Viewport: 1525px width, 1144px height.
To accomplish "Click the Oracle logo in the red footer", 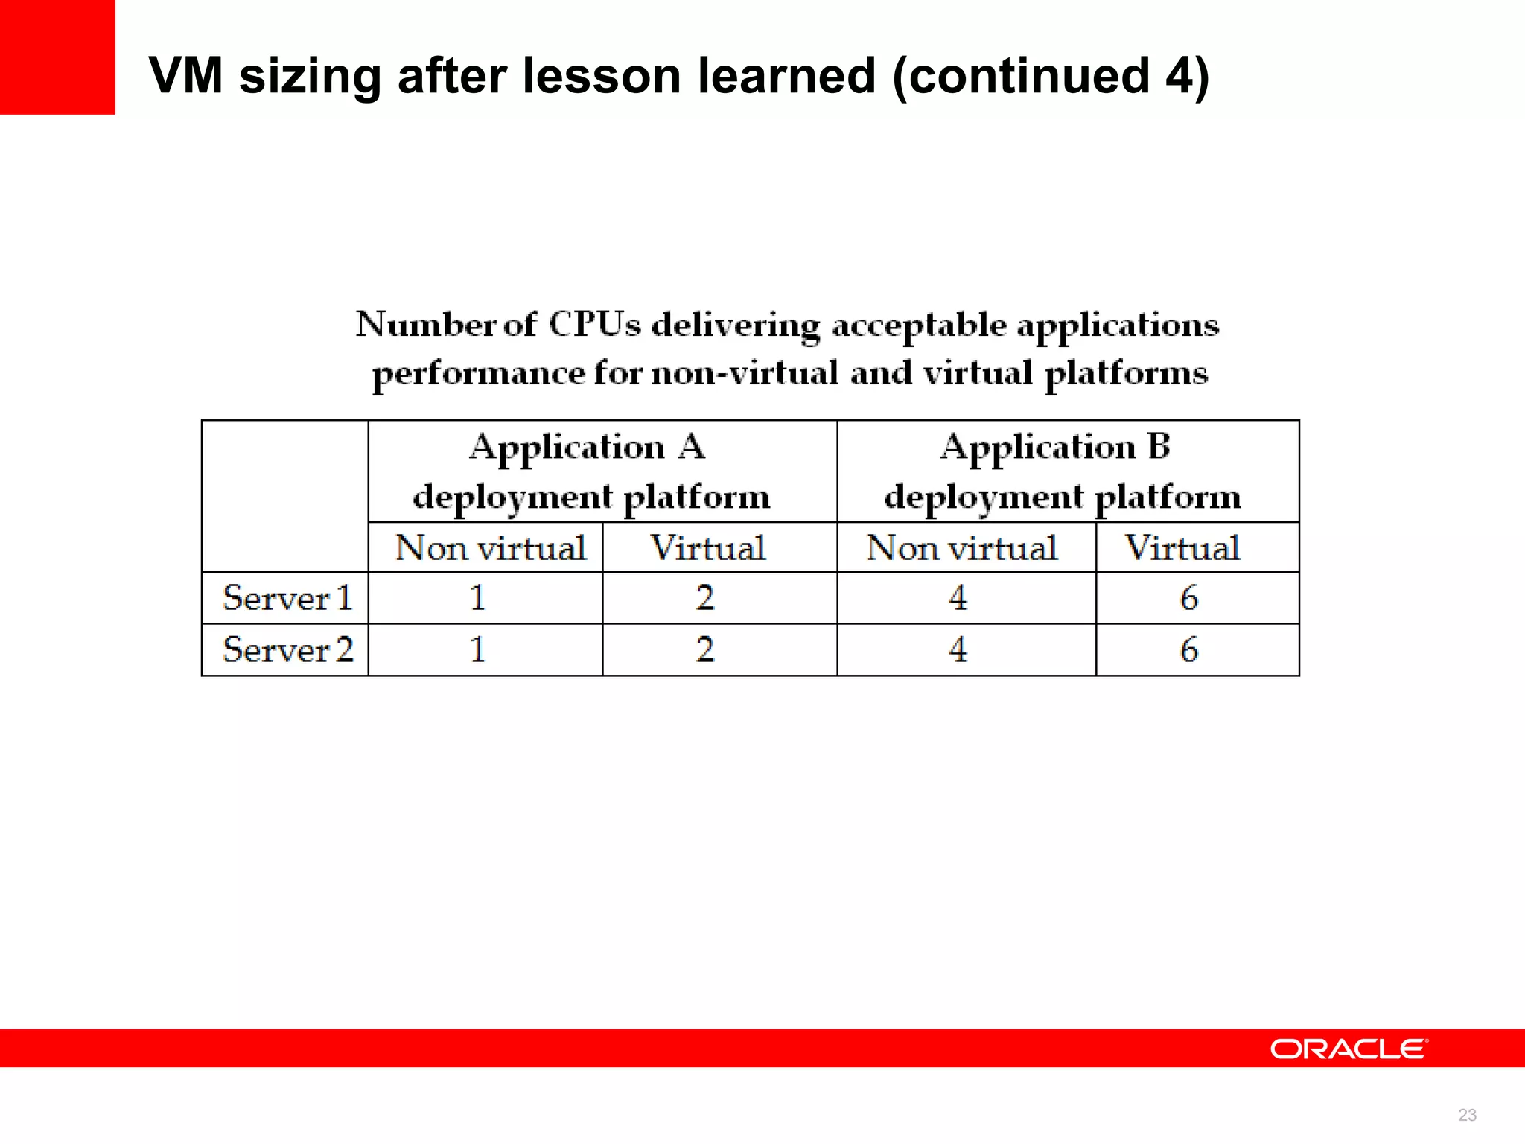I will pos(1349,1049).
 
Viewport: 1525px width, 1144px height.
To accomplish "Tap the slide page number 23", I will pos(1467,1115).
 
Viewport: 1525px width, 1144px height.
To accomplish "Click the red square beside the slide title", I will pos(57,57).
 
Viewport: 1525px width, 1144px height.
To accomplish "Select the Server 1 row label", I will pos(287,598).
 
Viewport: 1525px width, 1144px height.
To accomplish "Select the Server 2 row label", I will pos(287,649).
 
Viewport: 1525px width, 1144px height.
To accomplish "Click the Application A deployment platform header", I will pos(590,471).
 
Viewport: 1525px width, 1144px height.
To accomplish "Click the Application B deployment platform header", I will pos(1061,471).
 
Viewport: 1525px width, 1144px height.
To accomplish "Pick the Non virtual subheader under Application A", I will pos(490,548).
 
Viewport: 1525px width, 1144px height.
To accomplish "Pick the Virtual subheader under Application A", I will pos(708,548).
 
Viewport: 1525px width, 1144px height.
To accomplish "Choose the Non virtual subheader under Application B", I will pos(961,548).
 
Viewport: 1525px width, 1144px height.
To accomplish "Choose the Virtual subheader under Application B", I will pos(1182,548).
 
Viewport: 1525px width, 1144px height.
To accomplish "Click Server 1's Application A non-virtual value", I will pos(477,598).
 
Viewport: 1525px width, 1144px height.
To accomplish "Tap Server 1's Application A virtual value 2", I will pos(705,598).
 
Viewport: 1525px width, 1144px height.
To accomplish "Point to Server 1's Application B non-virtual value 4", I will pos(958,598).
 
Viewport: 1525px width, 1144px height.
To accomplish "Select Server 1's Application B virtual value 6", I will pos(1189,598).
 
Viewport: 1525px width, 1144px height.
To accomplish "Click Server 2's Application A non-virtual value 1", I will pos(477,649).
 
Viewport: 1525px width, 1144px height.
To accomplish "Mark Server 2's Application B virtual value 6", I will pos(1189,649).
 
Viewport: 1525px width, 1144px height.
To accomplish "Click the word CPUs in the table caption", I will pos(594,325).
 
